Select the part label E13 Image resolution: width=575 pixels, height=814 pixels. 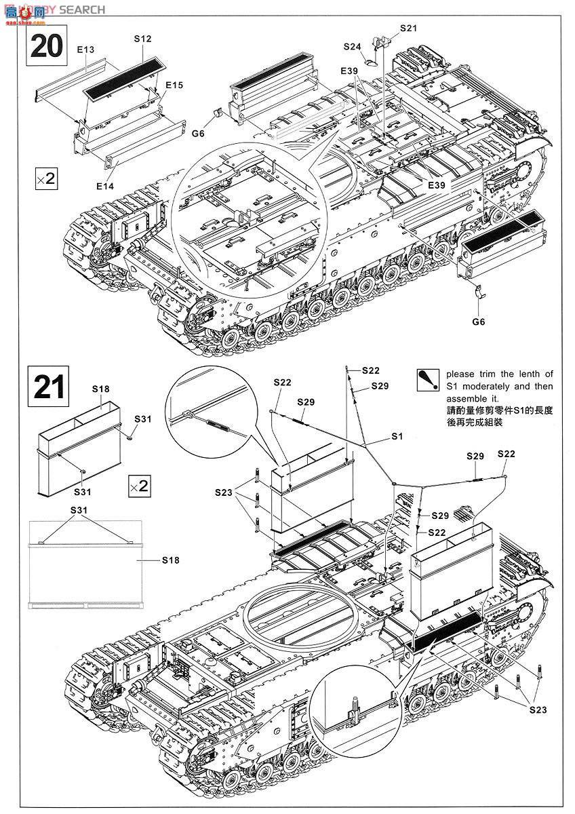85,50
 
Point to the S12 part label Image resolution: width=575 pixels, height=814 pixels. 142,39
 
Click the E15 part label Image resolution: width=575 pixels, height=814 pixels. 174,85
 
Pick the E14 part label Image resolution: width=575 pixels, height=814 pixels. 105,185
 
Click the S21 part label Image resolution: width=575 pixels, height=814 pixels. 408,28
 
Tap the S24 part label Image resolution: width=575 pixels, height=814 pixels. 352,47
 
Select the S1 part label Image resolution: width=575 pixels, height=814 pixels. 397,437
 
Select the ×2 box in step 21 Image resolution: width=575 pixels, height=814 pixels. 138,486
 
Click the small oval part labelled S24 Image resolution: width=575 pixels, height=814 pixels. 370,62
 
